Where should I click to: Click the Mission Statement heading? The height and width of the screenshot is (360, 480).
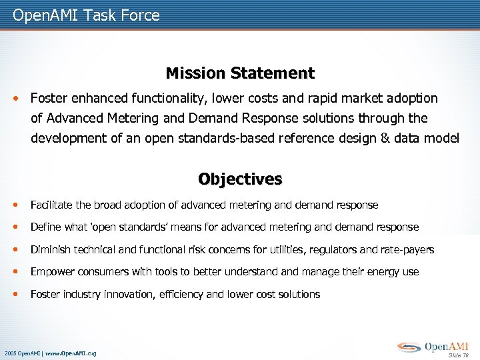click(x=240, y=73)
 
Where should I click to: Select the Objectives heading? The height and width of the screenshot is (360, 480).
click(x=240, y=179)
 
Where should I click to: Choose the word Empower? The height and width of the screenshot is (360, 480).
click(x=52, y=272)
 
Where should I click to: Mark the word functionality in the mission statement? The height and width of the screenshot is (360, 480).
click(x=167, y=99)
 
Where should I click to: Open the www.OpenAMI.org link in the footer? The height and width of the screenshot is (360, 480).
click(x=71, y=353)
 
